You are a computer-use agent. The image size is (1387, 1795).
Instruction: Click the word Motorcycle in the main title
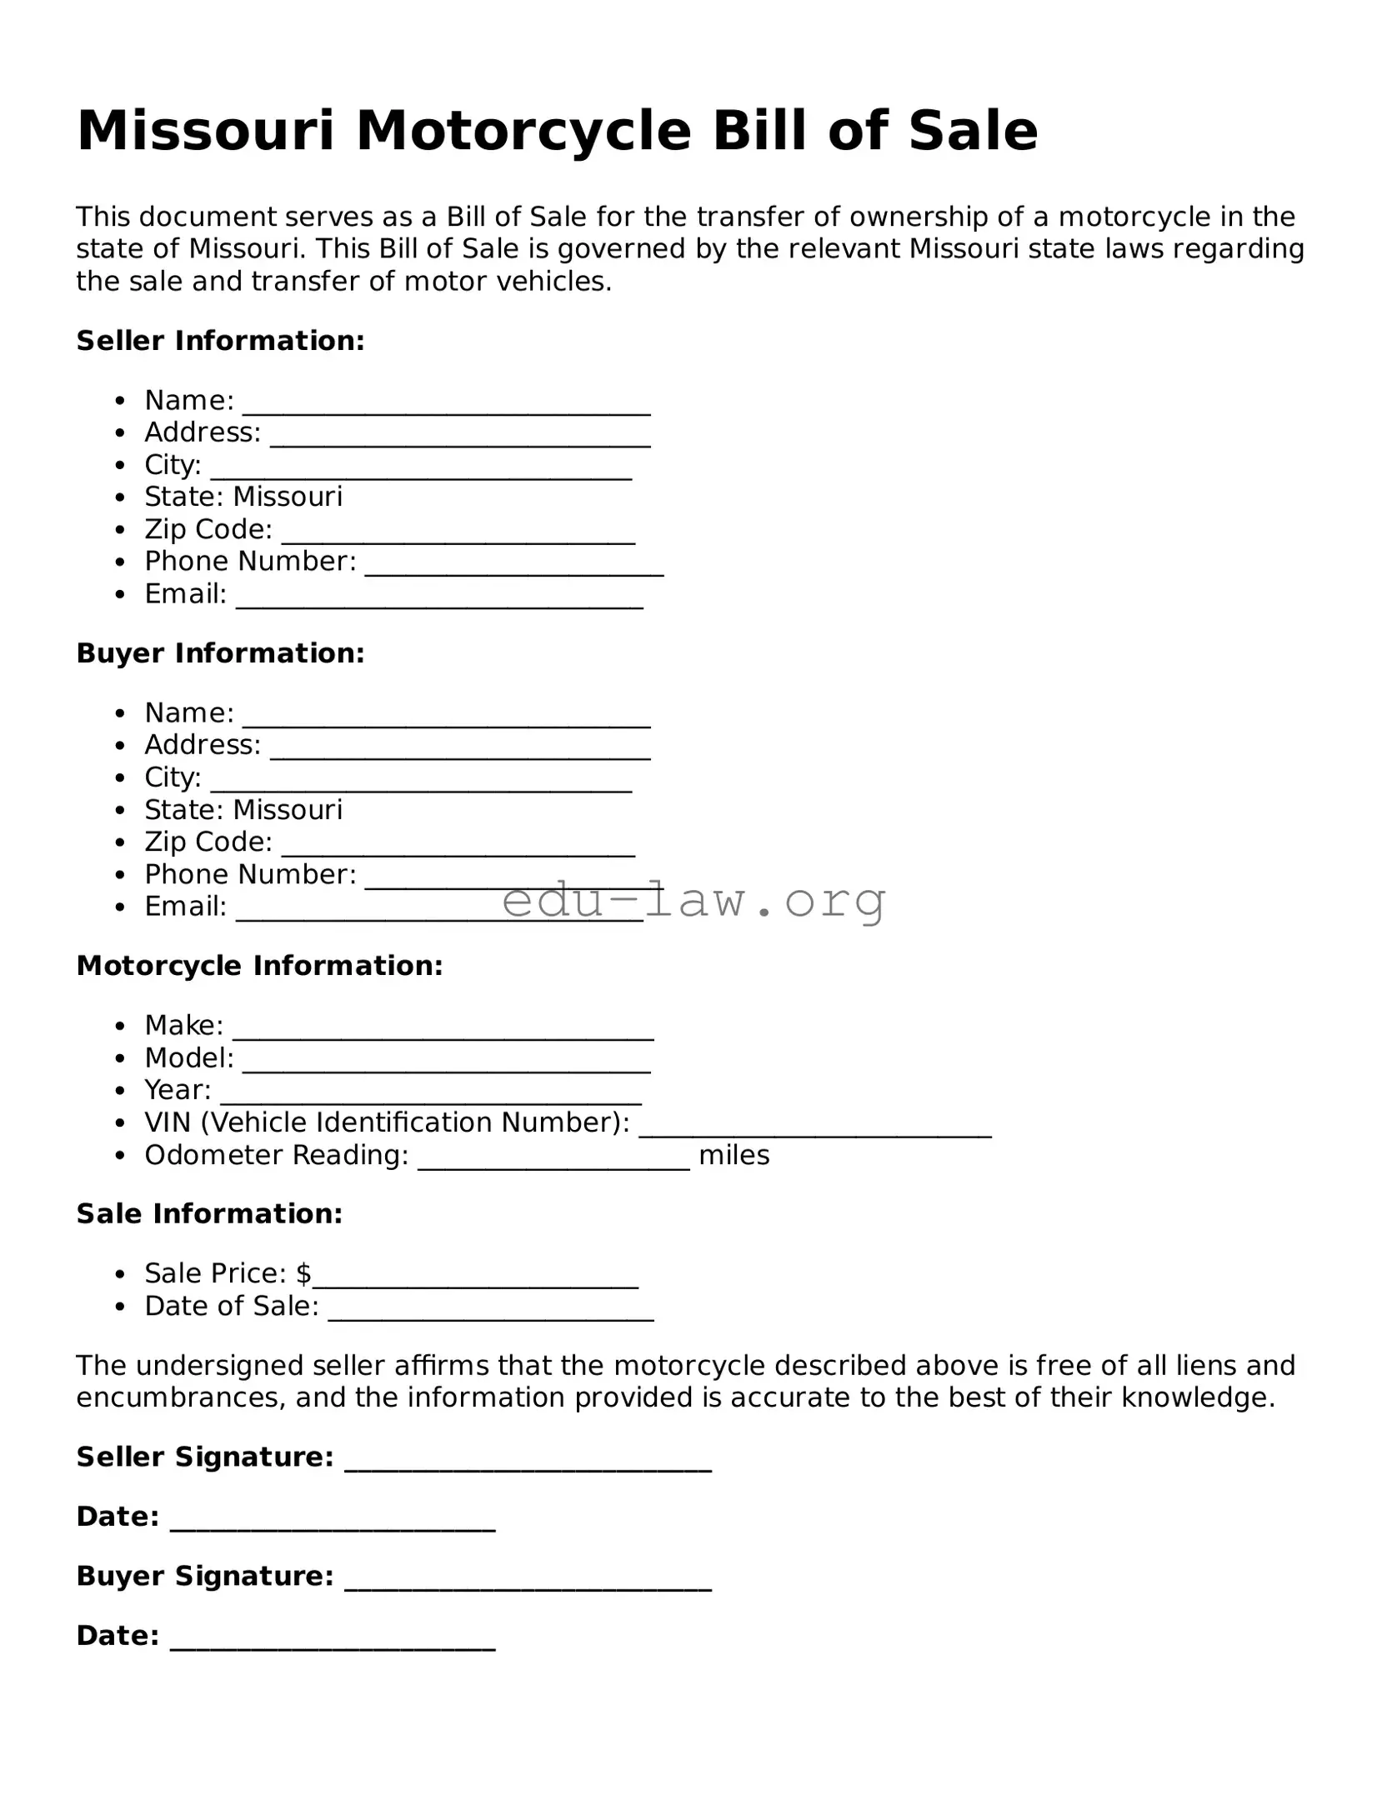coord(523,132)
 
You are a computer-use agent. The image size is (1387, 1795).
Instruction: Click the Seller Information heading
coord(220,341)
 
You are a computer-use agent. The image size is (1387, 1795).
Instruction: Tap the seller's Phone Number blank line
coord(514,567)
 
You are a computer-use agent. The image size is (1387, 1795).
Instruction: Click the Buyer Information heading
coord(220,653)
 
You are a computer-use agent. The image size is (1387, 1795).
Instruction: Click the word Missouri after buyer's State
coord(288,809)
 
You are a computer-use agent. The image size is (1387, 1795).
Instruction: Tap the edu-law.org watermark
coord(693,902)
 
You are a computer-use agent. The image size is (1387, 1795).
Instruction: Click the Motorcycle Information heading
coord(259,966)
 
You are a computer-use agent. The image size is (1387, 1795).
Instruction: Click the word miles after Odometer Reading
coord(734,1155)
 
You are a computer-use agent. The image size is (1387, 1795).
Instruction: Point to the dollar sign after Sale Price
coord(303,1273)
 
